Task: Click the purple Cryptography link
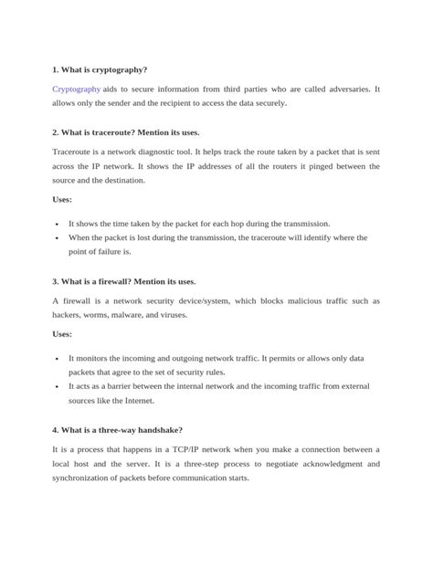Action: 77,89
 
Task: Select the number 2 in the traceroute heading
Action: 55,132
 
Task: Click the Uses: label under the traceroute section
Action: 63,198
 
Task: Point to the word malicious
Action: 260,301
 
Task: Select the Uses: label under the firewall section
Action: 63,334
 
